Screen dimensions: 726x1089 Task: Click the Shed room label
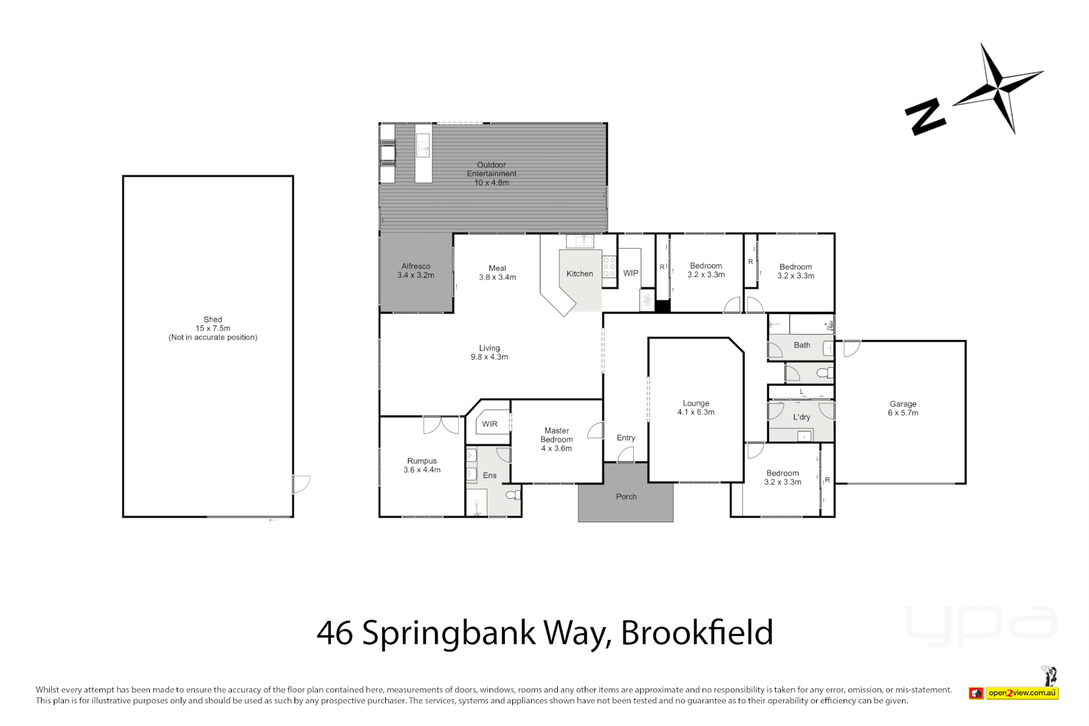click(212, 320)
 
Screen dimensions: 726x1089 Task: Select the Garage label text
click(903, 404)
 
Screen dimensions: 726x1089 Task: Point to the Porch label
click(626, 497)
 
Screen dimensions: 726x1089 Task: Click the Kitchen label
click(579, 274)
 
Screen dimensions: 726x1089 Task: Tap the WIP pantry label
click(631, 273)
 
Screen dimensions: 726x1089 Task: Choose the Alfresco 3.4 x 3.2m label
click(415, 270)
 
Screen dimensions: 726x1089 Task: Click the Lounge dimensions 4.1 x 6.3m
click(696, 412)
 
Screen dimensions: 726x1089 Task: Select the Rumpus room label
click(421, 461)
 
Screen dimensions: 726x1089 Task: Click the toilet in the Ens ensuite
click(513, 495)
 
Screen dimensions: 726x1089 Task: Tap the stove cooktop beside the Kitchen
click(609, 267)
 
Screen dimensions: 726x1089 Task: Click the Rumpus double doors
click(441, 425)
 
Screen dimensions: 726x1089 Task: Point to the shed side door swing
click(300, 484)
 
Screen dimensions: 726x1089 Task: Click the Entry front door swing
click(625, 455)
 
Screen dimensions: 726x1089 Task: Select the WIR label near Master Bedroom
click(489, 424)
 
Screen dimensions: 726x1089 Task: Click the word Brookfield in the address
click(696, 633)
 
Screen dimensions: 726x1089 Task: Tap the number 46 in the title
click(334, 633)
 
